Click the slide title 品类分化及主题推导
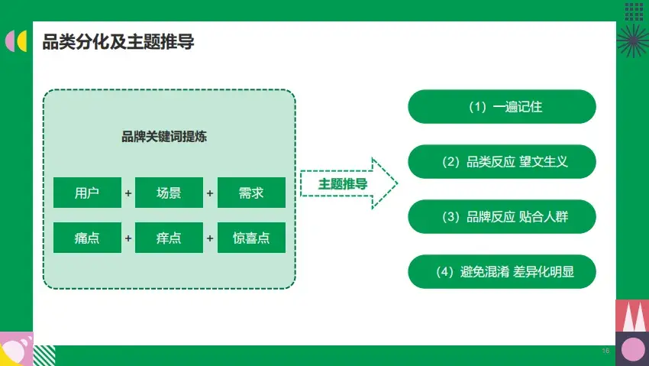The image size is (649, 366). [x=118, y=42]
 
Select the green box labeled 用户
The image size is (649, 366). [x=87, y=193]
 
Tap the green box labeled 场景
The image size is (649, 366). [x=169, y=193]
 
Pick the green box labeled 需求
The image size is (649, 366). [x=251, y=193]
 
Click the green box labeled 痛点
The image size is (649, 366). [x=87, y=238]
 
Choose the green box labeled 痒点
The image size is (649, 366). [x=169, y=238]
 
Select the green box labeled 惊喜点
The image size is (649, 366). [x=251, y=238]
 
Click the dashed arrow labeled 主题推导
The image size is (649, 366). [x=347, y=184]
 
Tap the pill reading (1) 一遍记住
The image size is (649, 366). [x=502, y=107]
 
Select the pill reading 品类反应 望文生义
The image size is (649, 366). [x=502, y=162]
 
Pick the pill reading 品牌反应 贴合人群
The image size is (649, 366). [x=502, y=217]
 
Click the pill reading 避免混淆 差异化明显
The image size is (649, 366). [x=502, y=271]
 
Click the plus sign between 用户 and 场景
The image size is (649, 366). [x=128, y=193]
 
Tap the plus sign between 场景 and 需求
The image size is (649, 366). [x=210, y=193]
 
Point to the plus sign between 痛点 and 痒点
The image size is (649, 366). [x=128, y=238]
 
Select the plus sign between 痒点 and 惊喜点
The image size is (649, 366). [x=210, y=238]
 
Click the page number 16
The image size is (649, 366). [x=605, y=351]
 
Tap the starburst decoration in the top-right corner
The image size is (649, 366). [x=632, y=38]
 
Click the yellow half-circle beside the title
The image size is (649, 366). [x=23, y=41]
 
